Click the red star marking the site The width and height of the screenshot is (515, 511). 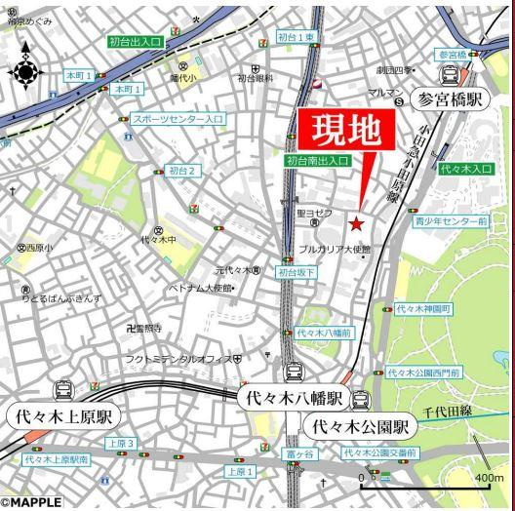[357, 224]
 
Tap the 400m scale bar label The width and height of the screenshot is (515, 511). [489, 477]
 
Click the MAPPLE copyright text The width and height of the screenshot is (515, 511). [31, 503]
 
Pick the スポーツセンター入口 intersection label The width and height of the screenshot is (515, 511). [178, 118]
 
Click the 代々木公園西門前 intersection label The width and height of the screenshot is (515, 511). [421, 372]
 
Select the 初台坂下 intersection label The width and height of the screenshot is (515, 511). [297, 273]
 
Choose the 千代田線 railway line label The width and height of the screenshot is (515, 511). [449, 411]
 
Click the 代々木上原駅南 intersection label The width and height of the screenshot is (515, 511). [57, 458]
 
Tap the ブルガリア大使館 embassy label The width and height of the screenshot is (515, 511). [328, 250]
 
